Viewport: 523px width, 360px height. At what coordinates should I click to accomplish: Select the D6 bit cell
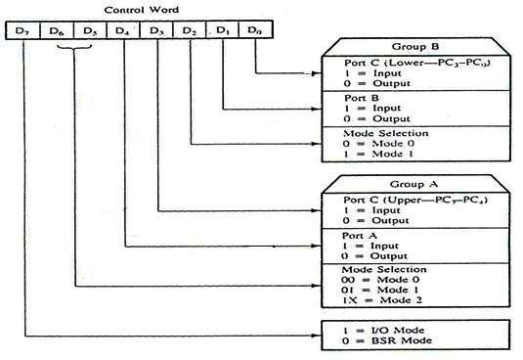(x=59, y=30)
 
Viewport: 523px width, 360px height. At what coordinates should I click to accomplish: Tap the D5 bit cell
(x=91, y=30)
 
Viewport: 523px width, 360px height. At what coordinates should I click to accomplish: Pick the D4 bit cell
(x=123, y=30)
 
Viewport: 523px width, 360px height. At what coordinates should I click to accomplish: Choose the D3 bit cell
(x=157, y=30)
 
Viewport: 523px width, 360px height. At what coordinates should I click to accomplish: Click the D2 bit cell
(x=191, y=30)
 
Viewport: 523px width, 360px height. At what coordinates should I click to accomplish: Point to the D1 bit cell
(x=224, y=30)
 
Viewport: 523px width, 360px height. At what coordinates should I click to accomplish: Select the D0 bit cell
(x=256, y=30)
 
